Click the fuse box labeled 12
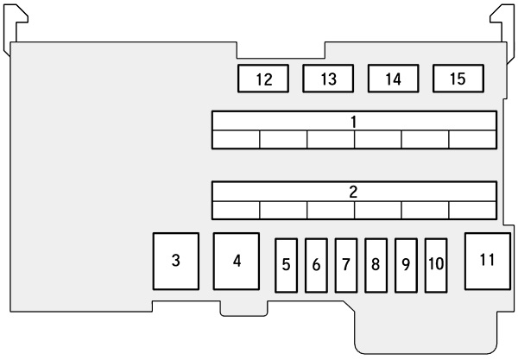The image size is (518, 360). (x=263, y=79)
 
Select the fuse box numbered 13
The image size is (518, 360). (x=328, y=79)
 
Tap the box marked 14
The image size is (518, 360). (x=393, y=79)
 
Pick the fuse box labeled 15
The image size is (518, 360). (x=458, y=79)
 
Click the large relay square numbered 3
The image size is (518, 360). (x=176, y=262)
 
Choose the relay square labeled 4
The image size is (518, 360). (x=237, y=261)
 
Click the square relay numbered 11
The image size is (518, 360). (x=488, y=260)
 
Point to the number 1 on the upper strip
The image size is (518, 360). (x=354, y=121)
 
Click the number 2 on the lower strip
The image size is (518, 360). (x=354, y=191)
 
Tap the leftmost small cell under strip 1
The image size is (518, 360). (x=236, y=139)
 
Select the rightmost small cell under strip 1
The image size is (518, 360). (x=472, y=139)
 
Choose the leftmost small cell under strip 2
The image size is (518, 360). (x=236, y=209)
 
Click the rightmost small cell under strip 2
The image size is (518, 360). (x=472, y=209)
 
